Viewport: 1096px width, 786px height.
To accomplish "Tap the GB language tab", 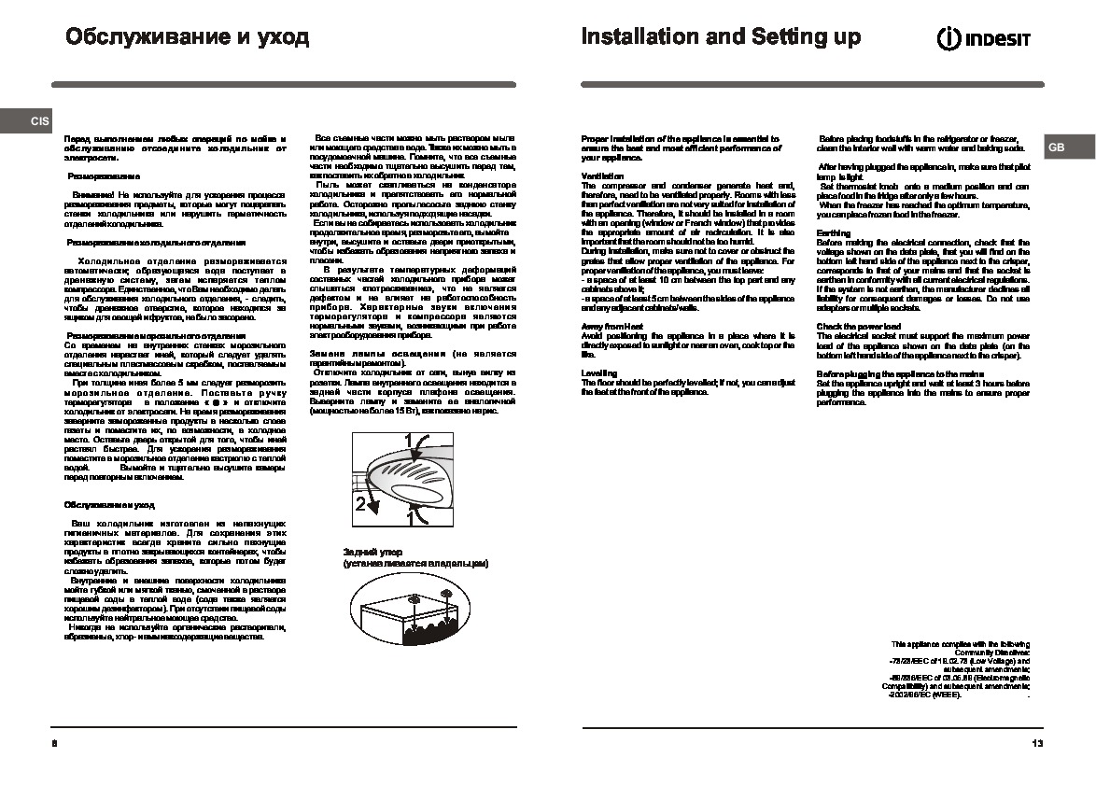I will point(1056,147).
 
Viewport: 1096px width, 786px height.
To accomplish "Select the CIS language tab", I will point(40,121).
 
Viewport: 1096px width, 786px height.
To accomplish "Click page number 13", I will point(1037,743).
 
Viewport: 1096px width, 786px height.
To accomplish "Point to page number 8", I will point(55,743).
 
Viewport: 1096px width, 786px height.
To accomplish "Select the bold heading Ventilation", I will point(602,175).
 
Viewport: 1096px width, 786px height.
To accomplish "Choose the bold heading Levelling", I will point(598,372).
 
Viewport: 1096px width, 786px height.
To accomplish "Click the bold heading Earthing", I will point(834,232).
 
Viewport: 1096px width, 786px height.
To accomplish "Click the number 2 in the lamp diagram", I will point(360,505).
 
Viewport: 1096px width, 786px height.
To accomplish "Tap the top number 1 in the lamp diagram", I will point(411,441).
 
